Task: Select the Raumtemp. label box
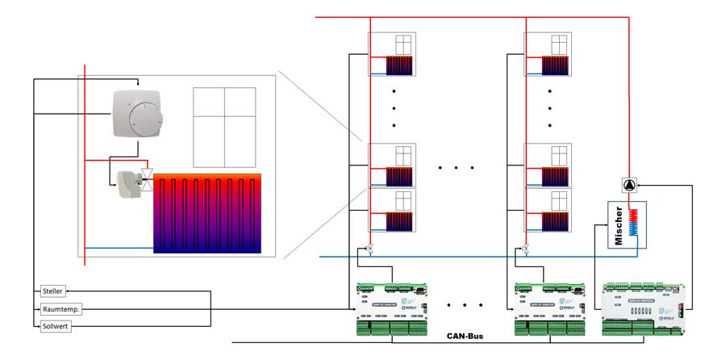61,308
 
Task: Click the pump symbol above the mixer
628,185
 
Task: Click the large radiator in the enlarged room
207,213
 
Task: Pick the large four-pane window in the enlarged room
223,127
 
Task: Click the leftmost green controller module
393,308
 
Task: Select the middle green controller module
551,308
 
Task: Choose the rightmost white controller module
645,308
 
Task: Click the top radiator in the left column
399,65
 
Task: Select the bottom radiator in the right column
554,220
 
